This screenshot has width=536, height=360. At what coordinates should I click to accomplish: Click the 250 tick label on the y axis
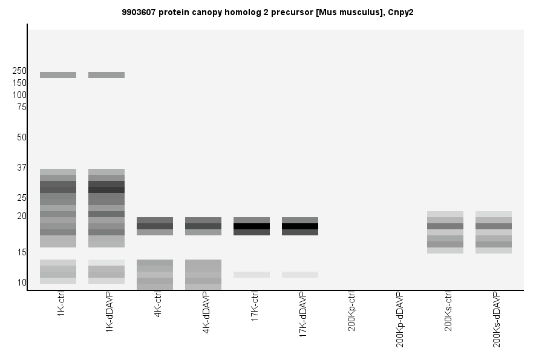[19, 71]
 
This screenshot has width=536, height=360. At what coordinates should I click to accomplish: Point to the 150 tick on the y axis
[19, 83]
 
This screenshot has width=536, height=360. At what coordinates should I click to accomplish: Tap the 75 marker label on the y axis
[22, 107]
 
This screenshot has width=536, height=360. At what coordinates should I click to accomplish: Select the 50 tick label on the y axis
[22, 137]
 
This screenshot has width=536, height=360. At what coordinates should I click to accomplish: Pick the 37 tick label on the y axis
[22, 168]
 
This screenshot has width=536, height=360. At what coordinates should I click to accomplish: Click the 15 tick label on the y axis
[22, 252]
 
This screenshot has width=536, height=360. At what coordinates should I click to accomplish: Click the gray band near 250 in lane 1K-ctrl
[58, 75]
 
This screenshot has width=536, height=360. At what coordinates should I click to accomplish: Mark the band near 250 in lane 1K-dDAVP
[106, 75]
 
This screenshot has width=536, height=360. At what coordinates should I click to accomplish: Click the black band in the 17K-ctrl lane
[252, 226]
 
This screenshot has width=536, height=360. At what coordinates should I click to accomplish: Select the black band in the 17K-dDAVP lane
[300, 226]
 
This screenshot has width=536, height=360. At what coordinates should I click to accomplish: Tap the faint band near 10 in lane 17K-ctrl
[252, 275]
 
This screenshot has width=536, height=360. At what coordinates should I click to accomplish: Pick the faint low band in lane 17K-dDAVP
[300, 275]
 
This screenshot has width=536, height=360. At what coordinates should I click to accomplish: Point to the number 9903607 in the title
[139, 12]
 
